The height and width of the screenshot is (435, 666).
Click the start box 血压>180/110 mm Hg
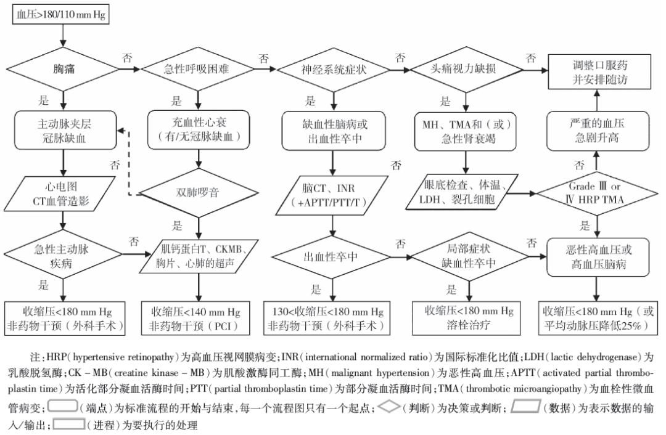(x=60, y=15)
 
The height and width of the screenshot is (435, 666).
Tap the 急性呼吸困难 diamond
(x=197, y=70)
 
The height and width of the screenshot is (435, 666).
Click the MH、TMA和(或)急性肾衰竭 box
(x=466, y=131)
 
